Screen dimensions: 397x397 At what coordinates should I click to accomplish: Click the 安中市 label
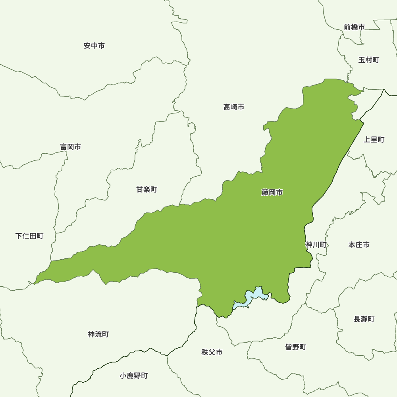click(x=94, y=46)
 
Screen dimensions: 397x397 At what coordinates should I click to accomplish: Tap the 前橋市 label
click(x=354, y=27)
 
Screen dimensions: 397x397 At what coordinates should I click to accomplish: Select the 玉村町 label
click(x=368, y=60)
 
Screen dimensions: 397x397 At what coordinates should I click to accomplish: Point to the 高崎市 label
click(x=233, y=107)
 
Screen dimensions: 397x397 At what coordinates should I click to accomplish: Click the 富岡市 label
click(x=71, y=147)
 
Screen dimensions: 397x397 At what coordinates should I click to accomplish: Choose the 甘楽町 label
click(x=146, y=189)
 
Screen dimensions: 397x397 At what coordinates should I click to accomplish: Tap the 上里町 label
click(x=374, y=140)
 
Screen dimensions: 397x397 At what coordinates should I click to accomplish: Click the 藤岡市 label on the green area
click(x=272, y=193)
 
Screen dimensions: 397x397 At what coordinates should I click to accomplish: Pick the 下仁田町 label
click(x=29, y=236)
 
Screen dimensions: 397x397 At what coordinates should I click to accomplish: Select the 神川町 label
click(x=316, y=245)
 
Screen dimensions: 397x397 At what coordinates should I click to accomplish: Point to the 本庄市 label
click(x=358, y=245)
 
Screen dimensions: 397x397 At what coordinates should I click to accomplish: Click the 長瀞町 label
click(x=364, y=319)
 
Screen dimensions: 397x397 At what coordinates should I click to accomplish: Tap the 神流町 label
click(x=98, y=334)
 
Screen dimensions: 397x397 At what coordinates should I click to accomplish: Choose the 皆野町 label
click(x=296, y=347)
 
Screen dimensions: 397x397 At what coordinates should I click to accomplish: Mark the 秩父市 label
click(x=212, y=352)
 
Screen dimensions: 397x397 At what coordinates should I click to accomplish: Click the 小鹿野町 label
click(x=133, y=376)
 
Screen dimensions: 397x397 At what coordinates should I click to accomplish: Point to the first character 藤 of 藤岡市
click(x=265, y=193)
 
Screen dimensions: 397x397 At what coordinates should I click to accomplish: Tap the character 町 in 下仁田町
click(x=40, y=236)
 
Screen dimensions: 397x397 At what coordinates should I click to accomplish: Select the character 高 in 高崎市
click(x=227, y=107)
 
